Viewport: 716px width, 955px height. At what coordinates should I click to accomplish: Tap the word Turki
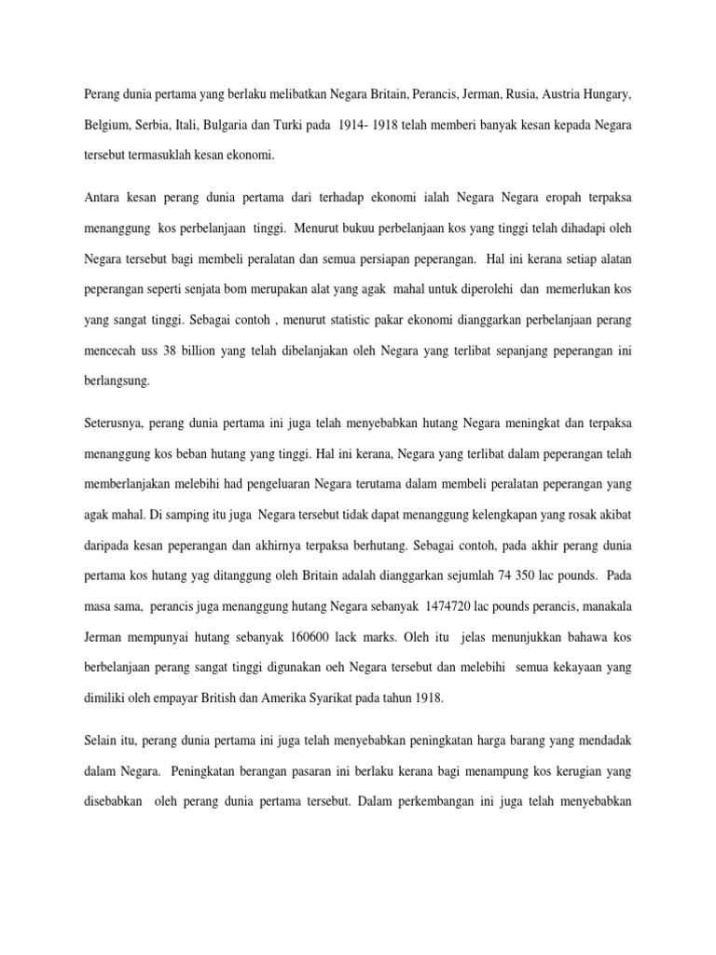pos(344,125)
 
